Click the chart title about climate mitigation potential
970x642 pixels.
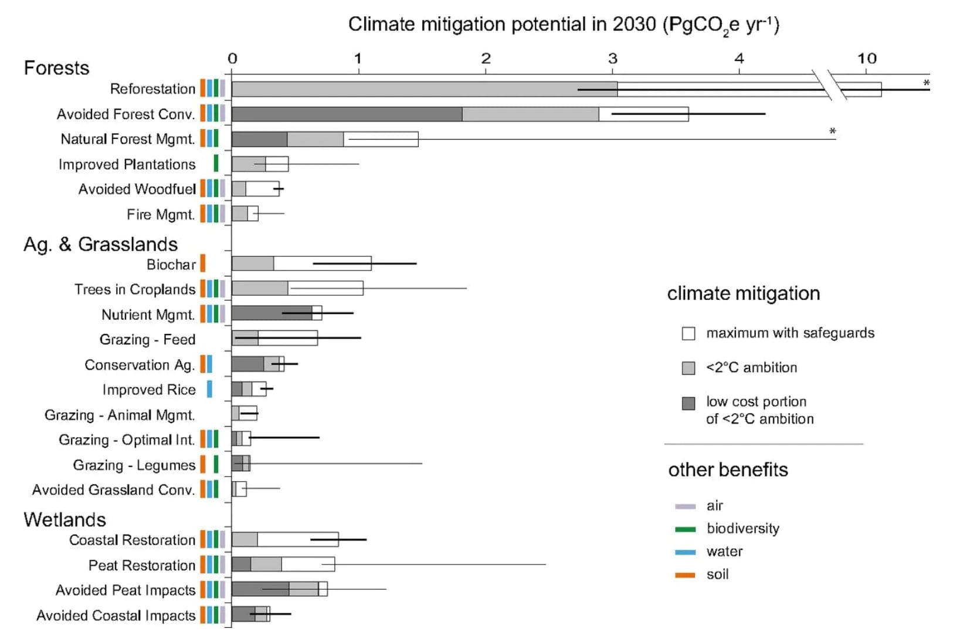(563, 25)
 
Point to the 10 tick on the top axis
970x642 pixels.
(867, 59)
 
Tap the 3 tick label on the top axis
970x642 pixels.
(612, 59)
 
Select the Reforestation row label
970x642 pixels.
(152, 89)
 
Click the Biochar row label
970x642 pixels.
(171, 265)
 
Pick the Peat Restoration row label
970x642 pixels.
(142, 565)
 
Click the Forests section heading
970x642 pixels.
(56, 68)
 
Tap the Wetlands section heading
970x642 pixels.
(65, 520)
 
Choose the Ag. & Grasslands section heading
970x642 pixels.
(100, 244)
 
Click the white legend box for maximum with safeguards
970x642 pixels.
(689, 333)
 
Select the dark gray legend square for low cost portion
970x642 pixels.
(689, 403)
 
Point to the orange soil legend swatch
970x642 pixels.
(685, 575)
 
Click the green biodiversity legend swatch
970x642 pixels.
(685, 529)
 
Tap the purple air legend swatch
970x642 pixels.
(685, 506)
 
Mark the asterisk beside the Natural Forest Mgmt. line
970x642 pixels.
(832, 131)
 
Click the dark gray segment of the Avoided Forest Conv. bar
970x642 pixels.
(347, 114)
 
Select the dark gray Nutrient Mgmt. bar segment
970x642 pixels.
(272, 313)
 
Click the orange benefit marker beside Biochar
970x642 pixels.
(203, 263)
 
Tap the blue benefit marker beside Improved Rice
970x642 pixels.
(209, 389)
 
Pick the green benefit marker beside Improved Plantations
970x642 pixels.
(216, 163)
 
